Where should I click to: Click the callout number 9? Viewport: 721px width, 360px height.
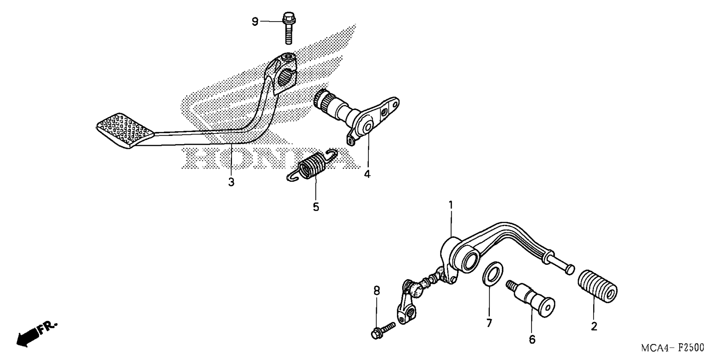[x=255, y=22]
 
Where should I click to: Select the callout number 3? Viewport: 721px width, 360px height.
[x=231, y=182]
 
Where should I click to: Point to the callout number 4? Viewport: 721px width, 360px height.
[x=367, y=174]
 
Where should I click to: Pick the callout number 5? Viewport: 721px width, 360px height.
[x=316, y=207]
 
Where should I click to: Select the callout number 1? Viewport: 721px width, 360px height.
[x=451, y=205]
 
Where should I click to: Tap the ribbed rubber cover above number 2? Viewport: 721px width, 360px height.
[x=597, y=287]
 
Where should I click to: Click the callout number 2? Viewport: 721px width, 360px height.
[x=594, y=326]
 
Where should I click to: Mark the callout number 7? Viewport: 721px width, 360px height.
[x=489, y=323]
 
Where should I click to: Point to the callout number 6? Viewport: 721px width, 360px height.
[x=532, y=339]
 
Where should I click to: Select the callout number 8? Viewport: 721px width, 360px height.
[x=377, y=291]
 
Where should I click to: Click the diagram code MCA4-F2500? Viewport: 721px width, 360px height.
[x=672, y=348]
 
